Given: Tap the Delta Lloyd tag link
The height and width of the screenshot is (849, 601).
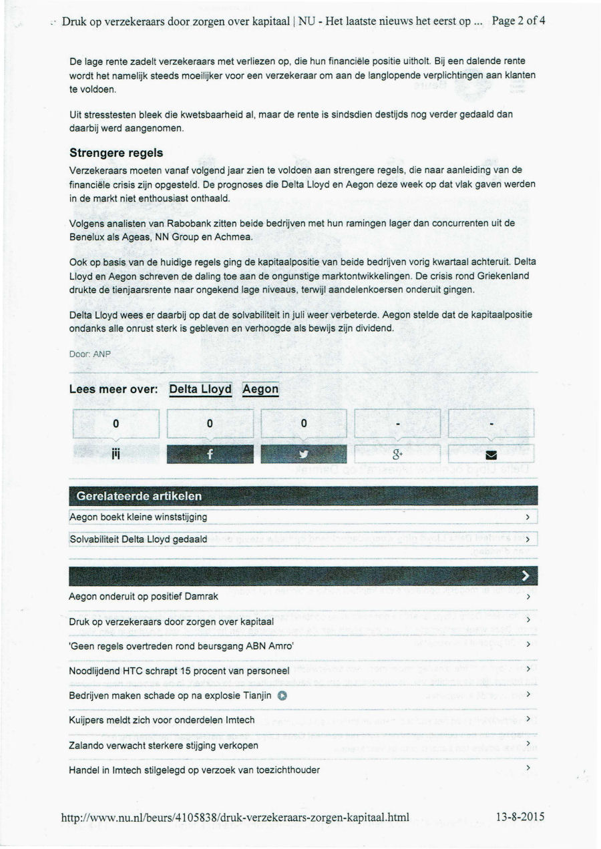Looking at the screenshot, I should (x=200, y=389).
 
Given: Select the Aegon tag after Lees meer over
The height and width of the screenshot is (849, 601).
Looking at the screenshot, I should (x=260, y=389).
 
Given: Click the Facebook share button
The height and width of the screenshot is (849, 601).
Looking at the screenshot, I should (x=210, y=454).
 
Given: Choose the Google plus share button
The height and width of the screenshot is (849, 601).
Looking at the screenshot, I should (x=397, y=454).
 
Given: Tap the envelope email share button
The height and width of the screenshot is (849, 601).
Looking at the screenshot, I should (x=491, y=454).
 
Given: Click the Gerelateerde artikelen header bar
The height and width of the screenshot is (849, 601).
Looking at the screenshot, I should (x=303, y=496).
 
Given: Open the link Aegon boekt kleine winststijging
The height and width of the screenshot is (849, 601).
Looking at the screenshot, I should (x=138, y=517).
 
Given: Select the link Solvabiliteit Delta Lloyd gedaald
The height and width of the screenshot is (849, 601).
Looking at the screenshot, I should (x=138, y=539).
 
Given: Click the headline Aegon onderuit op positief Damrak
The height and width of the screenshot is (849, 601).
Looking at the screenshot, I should (x=144, y=597).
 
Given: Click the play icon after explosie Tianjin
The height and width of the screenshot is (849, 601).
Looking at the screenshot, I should (x=283, y=695).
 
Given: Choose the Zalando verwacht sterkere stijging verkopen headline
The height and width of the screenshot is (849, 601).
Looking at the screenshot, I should (x=164, y=745).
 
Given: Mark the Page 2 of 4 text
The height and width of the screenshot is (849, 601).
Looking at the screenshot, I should (x=518, y=21).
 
